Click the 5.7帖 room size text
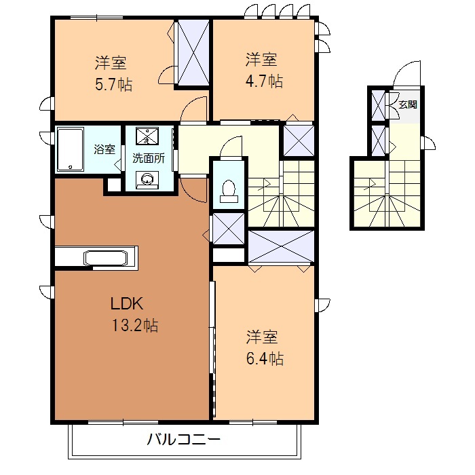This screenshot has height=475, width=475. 114,85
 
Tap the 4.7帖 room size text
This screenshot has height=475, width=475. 265,81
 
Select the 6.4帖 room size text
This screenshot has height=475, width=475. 265,358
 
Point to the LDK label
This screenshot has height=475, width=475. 126,303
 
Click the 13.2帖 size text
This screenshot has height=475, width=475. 135,326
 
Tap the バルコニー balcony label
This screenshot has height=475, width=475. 184,439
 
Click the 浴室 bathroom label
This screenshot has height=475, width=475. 104,149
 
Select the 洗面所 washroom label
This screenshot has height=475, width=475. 148,159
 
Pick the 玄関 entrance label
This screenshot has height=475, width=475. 408,104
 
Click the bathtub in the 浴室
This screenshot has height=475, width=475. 69,149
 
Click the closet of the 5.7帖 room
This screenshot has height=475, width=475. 193,53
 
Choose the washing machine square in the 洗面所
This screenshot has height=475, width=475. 147,137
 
